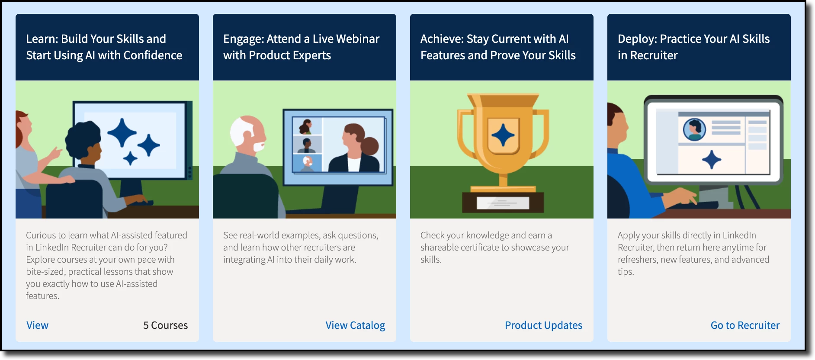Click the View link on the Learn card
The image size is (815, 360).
click(x=37, y=325)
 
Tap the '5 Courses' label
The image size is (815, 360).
click(x=165, y=325)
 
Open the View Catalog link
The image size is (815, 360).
click(x=355, y=325)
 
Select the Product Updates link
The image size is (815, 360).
click(x=543, y=325)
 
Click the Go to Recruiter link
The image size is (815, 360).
click(x=745, y=325)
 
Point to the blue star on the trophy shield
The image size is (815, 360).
click(x=503, y=135)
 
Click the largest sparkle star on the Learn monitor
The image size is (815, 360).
click(x=122, y=133)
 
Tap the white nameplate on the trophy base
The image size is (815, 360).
click(x=503, y=202)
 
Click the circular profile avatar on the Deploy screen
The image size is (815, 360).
click(x=694, y=129)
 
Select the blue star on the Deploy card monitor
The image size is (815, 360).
click(x=712, y=160)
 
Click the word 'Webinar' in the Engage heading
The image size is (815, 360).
click(x=358, y=39)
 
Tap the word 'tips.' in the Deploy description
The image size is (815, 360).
click(x=626, y=272)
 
